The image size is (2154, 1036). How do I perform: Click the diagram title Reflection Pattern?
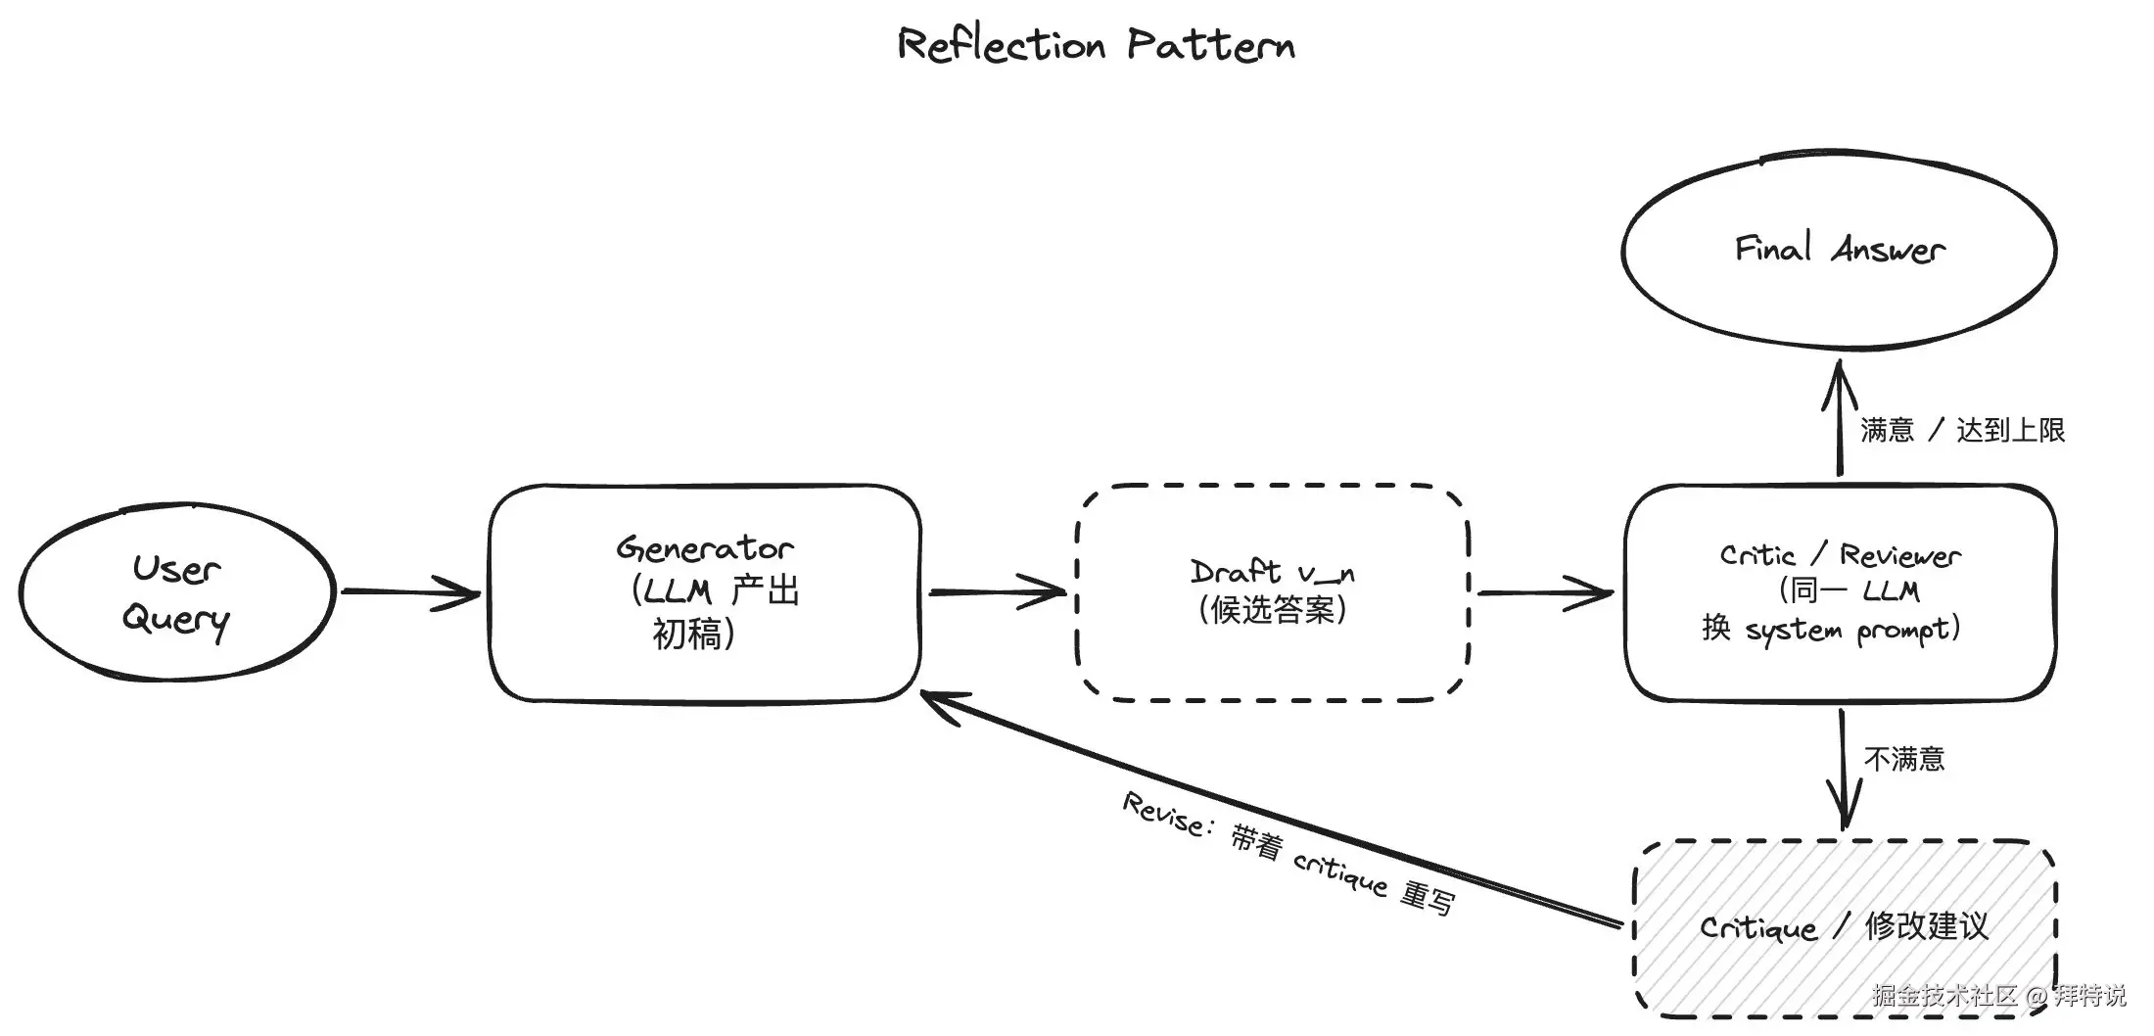click(x=1097, y=45)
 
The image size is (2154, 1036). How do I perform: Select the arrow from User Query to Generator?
click(x=411, y=592)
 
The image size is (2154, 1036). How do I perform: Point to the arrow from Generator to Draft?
click(x=998, y=592)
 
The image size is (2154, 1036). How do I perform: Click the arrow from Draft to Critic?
click(x=1546, y=592)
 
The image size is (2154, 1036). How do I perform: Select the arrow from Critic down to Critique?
click(x=1843, y=771)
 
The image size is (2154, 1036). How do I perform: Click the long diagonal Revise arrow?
click(x=1271, y=808)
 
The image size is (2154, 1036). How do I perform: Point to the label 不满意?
click(x=1904, y=759)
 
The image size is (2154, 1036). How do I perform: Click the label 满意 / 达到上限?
click(x=1962, y=430)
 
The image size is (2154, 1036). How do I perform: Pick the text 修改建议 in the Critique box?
click(x=1927, y=926)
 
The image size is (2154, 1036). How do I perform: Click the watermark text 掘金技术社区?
click(x=1944, y=996)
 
